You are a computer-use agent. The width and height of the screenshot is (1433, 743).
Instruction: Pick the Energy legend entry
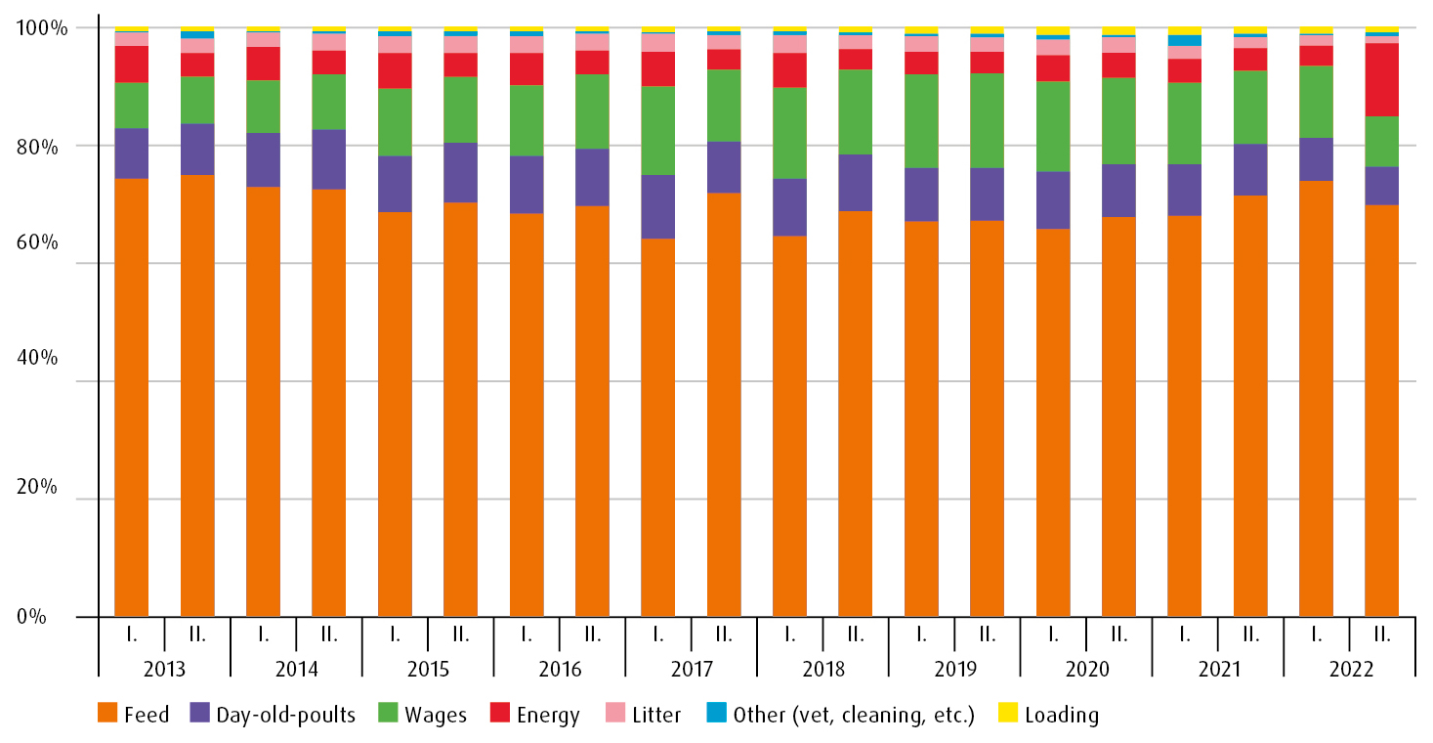coord(536,715)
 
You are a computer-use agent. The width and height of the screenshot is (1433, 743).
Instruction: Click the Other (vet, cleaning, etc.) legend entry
coord(840,715)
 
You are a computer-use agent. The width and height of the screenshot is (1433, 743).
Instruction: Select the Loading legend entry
coord(1049,715)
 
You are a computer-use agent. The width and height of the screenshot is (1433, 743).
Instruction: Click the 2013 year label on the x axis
coord(165,670)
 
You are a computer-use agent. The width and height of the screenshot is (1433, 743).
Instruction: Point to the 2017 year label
coord(691,670)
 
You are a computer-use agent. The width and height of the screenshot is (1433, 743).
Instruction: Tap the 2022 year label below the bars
coord(1349,670)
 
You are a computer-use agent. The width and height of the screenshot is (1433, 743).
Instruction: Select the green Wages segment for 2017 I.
coord(657,130)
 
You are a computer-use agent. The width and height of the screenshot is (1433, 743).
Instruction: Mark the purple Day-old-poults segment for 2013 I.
coord(131,153)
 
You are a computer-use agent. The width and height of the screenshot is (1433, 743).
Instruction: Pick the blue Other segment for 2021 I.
coord(1184,40)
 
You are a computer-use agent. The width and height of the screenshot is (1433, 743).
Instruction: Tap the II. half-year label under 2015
coord(460,635)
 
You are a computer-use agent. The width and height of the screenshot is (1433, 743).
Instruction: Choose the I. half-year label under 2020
coord(1053,635)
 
